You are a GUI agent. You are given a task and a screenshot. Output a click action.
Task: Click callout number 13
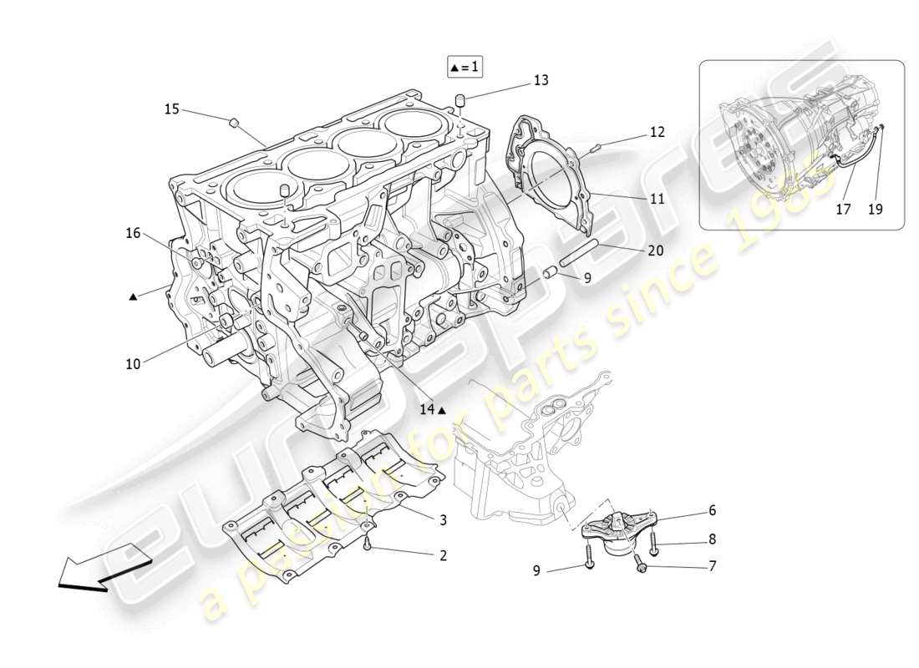(541, 80)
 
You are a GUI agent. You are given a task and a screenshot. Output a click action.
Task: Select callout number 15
(171, 109)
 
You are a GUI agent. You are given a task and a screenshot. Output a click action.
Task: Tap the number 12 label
(657, 132)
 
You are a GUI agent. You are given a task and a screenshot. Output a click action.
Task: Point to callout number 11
(657, 199)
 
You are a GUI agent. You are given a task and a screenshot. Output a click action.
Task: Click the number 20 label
(656, 250)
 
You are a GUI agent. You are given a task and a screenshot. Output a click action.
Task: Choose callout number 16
(134, 233)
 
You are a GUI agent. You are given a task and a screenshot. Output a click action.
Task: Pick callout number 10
(134, 363)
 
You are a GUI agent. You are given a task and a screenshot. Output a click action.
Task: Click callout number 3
(443, 519)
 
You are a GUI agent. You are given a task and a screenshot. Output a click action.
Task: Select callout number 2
(443, 554)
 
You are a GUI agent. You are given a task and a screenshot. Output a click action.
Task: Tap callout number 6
(712, 509)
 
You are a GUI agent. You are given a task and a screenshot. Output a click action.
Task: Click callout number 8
(712, 539)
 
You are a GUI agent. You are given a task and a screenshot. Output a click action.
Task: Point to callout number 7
(712, 566)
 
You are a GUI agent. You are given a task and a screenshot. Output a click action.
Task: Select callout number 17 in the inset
(843, 210)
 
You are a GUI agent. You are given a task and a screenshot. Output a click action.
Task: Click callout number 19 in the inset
(875, 210)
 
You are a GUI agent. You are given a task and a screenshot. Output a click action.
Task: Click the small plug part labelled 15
(235, 123)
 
